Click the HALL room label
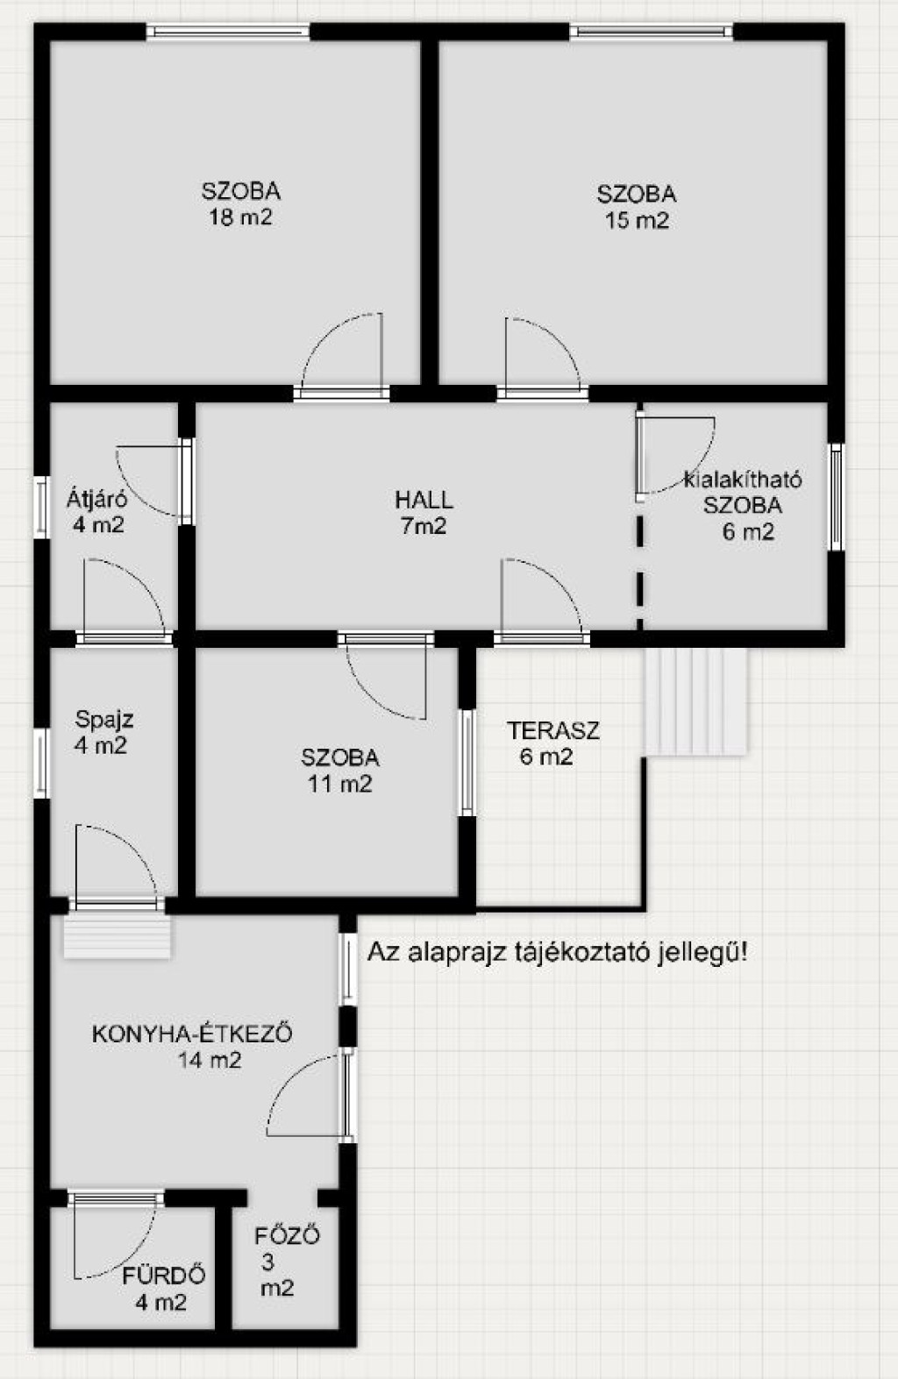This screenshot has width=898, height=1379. click(424, 500)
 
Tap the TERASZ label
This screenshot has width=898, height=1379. click(553, 730)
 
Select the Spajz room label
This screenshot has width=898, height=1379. click(104, 720)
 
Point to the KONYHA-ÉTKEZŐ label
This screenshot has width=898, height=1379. click(191, 1034)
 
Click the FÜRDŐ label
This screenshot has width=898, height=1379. click(163, 1276)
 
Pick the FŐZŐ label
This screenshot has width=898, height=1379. click(287, 1235)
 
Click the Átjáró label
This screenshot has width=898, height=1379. click(96, 498)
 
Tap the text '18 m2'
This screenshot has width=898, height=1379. click(240, 217)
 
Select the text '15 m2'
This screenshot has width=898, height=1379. click(637, 220)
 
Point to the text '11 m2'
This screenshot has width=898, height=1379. click(340, 785)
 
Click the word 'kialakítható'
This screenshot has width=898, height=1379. click(743, 479)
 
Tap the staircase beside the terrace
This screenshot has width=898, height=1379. click(696, 701)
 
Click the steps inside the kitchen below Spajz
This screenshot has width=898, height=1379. click(117, 935)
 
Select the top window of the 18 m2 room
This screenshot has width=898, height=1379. click(228, 32)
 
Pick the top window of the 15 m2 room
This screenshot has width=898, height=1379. click(651, 32)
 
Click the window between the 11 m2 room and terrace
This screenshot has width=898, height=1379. click(467, 763)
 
